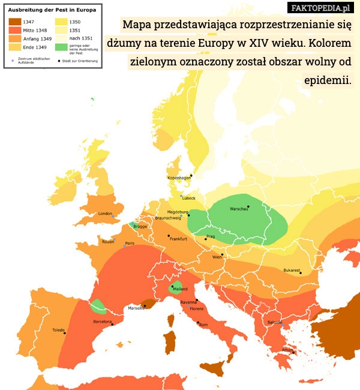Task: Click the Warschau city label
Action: tap(239, 209)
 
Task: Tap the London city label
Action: tap(106, 214)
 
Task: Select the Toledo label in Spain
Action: tap(58, 330)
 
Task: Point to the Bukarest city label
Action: tap(292, 270)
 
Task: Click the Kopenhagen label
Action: tap(179, 178)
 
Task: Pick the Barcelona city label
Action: tap(103, 322)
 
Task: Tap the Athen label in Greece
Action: tap(288, 350)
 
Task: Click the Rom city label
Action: tap(203, 325)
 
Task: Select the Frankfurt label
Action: tap(178, 239)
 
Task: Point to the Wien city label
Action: tap(217, 257)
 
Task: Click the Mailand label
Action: tap(180, 289)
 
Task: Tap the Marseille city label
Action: tap(136, 308)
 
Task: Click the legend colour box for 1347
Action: tap(14, 22)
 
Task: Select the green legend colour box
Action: tap(61, 47)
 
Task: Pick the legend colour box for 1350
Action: tap(61, 22)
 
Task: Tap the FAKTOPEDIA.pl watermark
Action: tap(321, 8)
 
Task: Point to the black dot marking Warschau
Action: tap(248, 206)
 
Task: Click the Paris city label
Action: tap(130, 243)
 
